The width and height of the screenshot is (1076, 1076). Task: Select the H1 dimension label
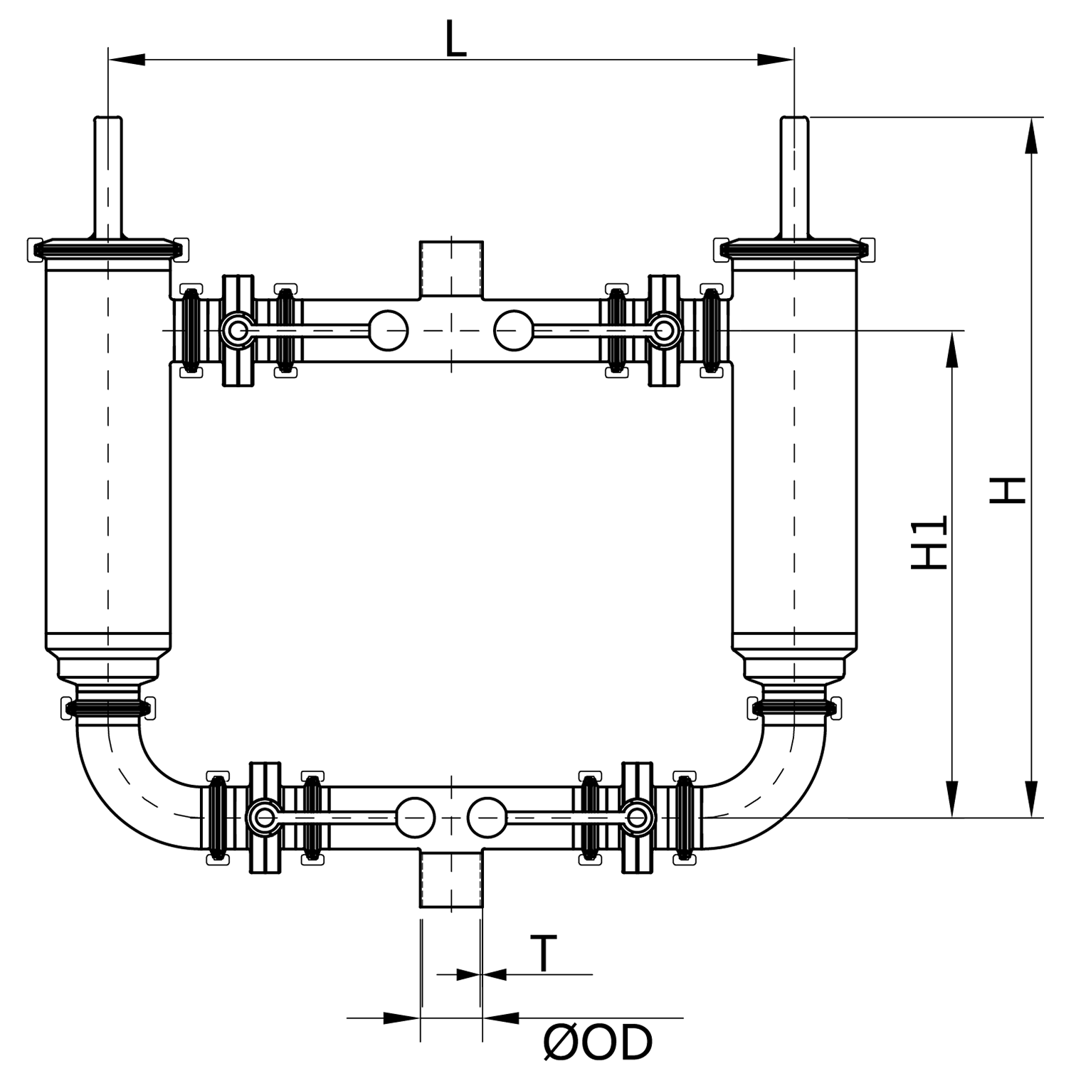929,542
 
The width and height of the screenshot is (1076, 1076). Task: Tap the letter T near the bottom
544,954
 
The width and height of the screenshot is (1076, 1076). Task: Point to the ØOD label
598,1043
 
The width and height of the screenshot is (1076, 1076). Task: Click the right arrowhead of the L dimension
776,60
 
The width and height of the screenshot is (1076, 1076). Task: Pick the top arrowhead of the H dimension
1030,135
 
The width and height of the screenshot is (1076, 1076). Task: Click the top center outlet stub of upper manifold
452,269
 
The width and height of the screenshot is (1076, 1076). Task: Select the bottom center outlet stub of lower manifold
452,880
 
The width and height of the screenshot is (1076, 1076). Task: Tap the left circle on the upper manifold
388,331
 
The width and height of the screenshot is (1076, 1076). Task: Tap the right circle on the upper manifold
514,331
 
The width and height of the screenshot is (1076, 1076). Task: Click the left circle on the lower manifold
415,818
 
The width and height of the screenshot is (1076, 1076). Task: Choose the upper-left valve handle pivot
238,330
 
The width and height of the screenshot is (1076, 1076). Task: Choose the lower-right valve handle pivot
638,818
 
